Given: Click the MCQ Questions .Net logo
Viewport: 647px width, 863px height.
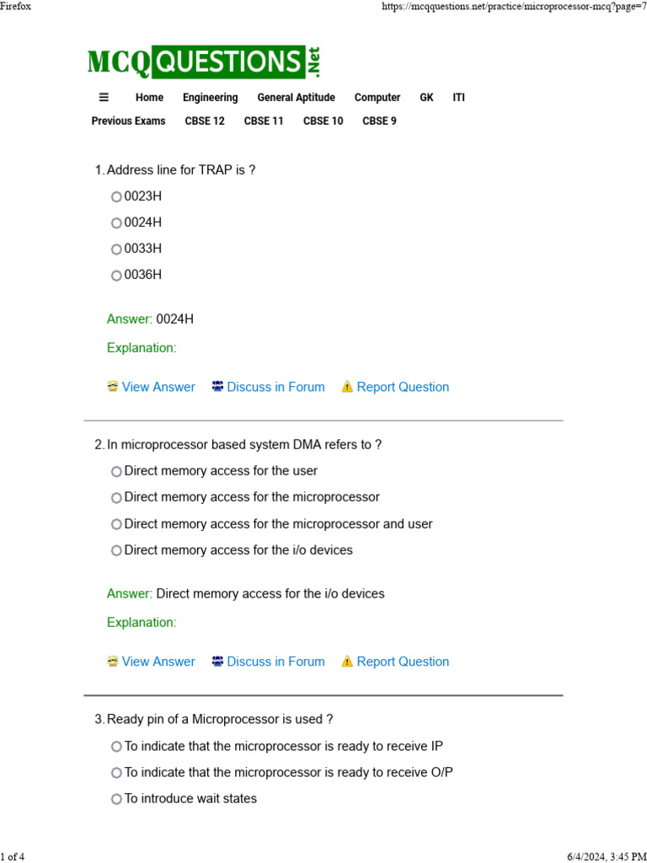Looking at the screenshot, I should (x=204, y=62).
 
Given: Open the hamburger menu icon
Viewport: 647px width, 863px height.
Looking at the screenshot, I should (x=104, y=97).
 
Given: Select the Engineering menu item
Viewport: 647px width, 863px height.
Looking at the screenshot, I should (x=210, y=98).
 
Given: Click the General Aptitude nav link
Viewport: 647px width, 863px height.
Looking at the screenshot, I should (x=296, y=98).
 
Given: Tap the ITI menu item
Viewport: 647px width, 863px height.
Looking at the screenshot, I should (x=458, y=98).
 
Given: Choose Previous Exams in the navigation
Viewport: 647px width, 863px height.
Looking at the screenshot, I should (x=128, y=121).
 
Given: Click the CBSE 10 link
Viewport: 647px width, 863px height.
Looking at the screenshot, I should (x=323, y=121).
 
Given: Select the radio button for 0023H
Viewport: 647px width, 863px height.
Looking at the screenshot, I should (x=116, y=197).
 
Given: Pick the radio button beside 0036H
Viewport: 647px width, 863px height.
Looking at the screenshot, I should (x=116, y=276).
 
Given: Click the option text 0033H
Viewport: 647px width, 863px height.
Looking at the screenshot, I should (x=143, y=249).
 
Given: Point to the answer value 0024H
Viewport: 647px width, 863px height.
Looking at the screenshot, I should (x=174, y=319).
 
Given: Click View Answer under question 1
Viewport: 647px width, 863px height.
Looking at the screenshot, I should (x=158, y=388).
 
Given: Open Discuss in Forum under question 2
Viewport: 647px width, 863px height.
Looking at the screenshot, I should (x=275, y=662).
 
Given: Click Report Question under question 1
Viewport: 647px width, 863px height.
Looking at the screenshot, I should (x=403, y=388).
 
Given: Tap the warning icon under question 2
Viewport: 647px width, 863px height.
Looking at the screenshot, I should (x=347, y=662).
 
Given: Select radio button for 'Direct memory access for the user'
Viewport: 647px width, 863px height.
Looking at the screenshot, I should (x=116, y=472).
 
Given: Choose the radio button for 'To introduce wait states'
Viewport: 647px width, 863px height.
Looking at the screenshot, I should (x=116, y=800).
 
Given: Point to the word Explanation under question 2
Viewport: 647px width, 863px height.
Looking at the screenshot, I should (x=142, y=623).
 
